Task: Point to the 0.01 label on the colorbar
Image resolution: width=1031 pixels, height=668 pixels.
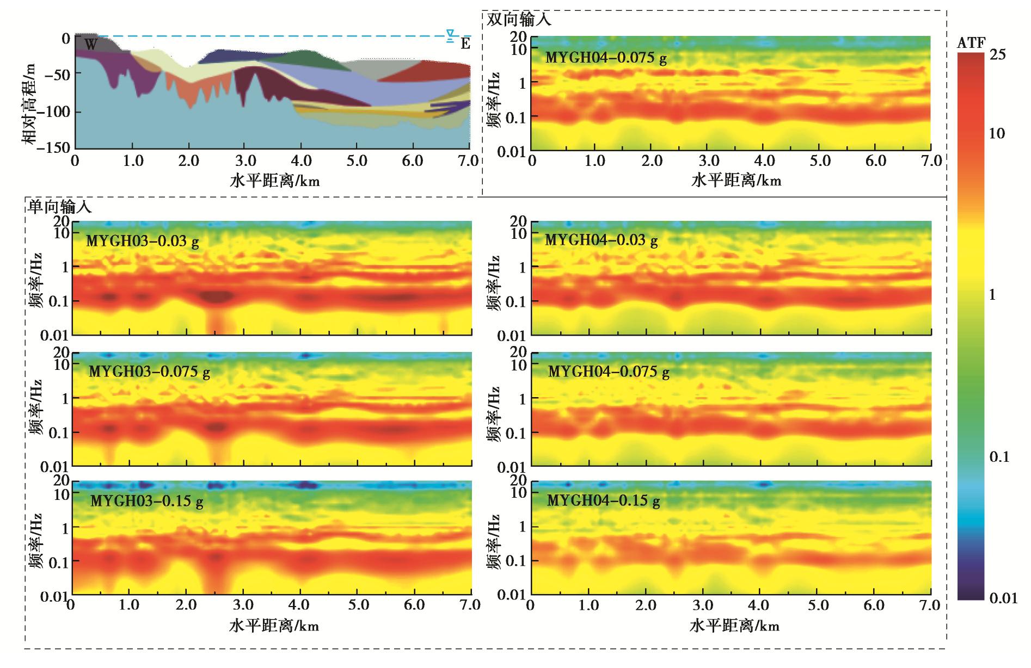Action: pos(1003,598)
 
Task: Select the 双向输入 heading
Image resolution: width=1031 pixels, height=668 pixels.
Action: pos(519,20)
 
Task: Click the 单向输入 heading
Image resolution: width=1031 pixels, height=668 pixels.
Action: pos(60,207)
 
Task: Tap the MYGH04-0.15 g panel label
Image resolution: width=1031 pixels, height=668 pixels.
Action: pos(603,500)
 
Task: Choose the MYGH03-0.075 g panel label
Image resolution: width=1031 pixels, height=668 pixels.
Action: pos(149,372)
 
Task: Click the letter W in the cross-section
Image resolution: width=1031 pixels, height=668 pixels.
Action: pos(91,45)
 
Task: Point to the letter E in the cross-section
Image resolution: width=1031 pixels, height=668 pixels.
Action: pos(465,44)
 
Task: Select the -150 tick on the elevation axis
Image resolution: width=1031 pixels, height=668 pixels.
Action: pos(56,147)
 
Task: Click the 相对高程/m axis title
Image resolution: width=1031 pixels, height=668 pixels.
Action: pos(29,103)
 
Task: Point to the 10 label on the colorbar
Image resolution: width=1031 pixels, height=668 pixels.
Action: pos(997,134)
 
